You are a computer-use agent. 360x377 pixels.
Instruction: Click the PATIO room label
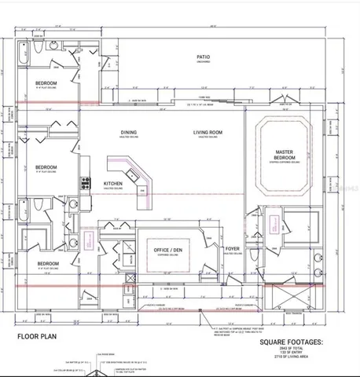pyautogui.click(x=203, y=57)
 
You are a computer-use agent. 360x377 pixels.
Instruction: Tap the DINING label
pyautogui.click(x=129, y=132)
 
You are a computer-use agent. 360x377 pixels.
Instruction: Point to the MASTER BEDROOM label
pyautogui.click(x=284, y=154)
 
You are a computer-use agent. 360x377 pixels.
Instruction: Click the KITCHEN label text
pyautogui.click(x=113, y=184)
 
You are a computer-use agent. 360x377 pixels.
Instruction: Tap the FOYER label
pyautogui.click(x=232, y=249)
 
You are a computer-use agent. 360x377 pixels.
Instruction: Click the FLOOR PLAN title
pyautogui.click(x=38, y=335)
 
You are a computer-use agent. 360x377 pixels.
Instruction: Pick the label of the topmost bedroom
pyautogui.click(x=46, y=82)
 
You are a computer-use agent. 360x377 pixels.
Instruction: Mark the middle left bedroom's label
pyautogui.click(x=46, y=167)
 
